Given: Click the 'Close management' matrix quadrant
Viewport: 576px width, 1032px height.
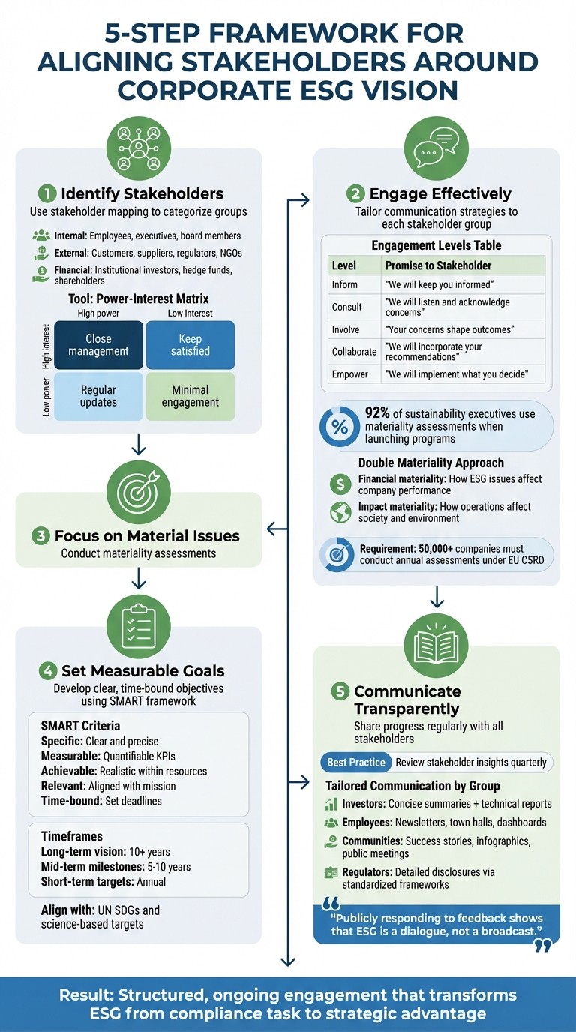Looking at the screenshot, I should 98,344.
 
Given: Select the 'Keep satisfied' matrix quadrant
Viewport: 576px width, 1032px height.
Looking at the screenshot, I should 190,344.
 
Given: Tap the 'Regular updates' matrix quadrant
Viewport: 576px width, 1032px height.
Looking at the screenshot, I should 98,395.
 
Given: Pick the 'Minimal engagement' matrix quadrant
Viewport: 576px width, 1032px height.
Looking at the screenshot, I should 190,395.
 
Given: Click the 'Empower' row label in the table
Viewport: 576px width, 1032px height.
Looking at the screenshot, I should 350,373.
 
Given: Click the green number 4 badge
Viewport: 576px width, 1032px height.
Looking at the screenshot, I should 48,670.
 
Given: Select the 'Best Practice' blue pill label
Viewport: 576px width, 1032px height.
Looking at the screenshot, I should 356,762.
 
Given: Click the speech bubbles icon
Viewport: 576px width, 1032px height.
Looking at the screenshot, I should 436,149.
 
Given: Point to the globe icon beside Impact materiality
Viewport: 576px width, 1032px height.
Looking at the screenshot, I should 340,512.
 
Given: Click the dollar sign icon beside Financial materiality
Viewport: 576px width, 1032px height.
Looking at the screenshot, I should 340,484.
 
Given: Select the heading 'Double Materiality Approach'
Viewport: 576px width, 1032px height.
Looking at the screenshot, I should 430,463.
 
